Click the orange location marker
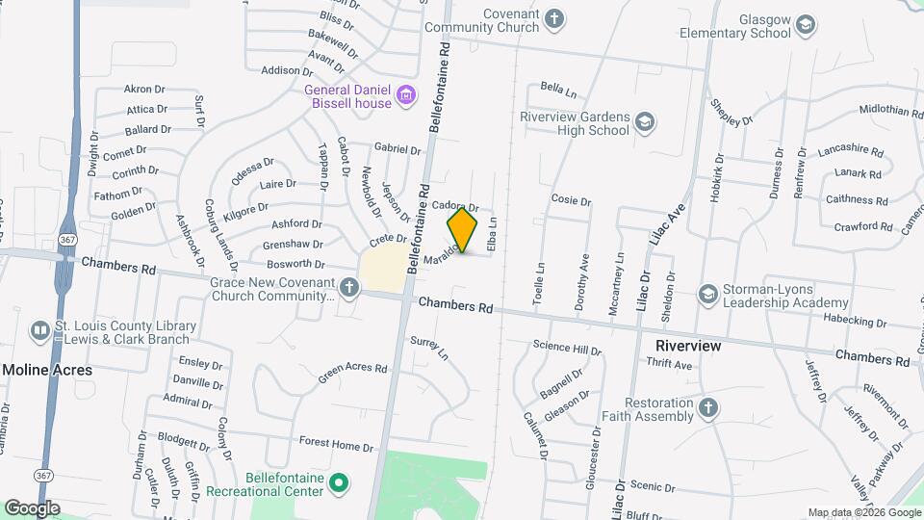pyautogui.click(x=463, y=229)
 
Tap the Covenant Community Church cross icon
pyautogui.click(x=554, y=17)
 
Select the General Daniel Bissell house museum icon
pyautogui.click(x=406, y=94)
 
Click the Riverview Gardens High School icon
pyautogui.click(x=644, y=121)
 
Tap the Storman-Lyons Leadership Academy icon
pyautogui.click(x=709, y=292)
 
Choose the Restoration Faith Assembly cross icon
pyautogui.click(x=708, y=408)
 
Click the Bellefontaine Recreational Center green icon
pyautogui.click(x=338, y=481)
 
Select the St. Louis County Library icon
pyautogui.click(x=40, y=330)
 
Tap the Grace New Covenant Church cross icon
pyautogui.click(x=348, y=287)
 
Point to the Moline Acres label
pyautogui.click(x=47, y=370)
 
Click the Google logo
pyautogui.click(x=31, y=507)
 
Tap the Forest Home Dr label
pyautogui.click(x=336, y=446)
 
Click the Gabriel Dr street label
pyautogui.click(x=398, y=149)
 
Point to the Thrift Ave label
pyautogui.click(x=670, y=366)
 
